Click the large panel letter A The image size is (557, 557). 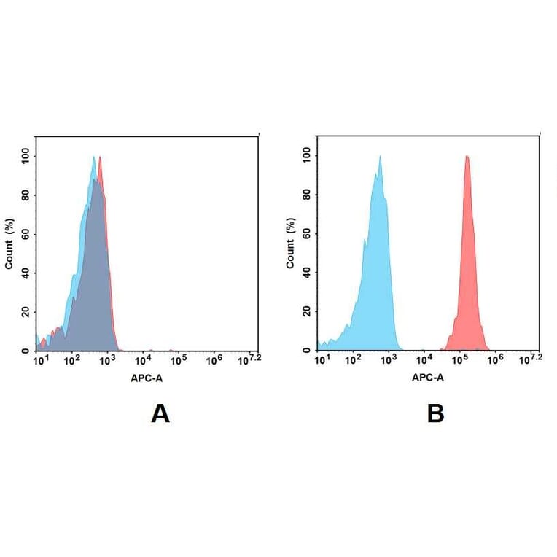[x=160, y=413]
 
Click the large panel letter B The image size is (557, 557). [x=435, y=413]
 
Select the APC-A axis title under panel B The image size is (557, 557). [x=428, y=378]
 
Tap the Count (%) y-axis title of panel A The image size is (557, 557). [x=9, y=244]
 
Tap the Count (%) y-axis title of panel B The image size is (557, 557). [x=290, y=244]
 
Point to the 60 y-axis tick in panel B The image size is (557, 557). [x=307, y=233]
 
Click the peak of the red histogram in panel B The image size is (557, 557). [x=466, y=156]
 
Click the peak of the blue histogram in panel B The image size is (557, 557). [x=380, y=156]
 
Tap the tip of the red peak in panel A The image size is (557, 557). [x=100, y=156]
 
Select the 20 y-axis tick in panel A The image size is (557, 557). [x=26, y=311]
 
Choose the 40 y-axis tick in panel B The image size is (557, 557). [x=307, y=273]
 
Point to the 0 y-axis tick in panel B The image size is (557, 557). [x=310, y=351]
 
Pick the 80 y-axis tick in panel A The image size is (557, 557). [x=26, y=195]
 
